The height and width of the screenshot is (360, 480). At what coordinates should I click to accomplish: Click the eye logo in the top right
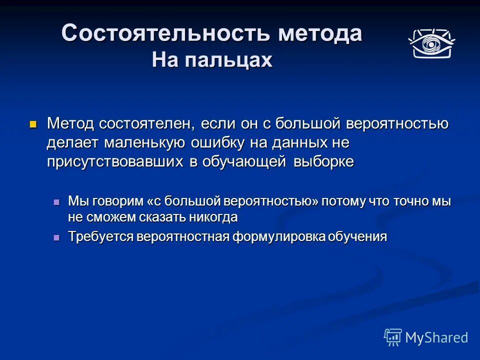(x=431, y=43)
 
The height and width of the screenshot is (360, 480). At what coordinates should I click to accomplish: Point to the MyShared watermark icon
(x=393, y=337)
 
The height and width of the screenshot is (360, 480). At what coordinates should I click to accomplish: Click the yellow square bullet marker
(x=33, y=123)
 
